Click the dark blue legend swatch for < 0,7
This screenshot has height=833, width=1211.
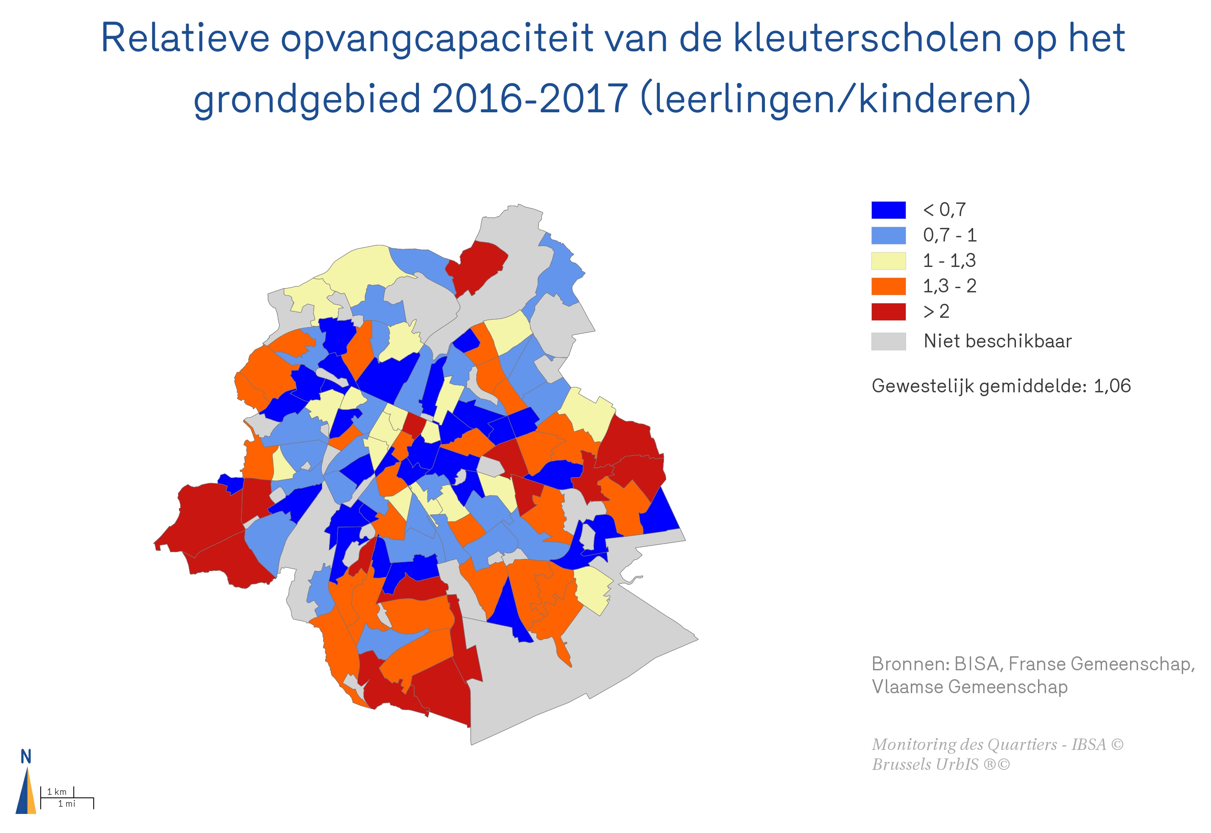(888, 210)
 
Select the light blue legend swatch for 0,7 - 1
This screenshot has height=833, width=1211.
(888, 236)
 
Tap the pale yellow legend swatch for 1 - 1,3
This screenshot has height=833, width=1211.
(888, 261)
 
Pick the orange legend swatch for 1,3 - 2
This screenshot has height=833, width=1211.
(888, 286)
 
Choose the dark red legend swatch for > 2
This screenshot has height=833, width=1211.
(888, 311)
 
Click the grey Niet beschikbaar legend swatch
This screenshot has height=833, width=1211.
(888, 342)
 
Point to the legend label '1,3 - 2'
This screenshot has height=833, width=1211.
(949, 286)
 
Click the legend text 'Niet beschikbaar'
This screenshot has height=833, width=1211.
(997, 342)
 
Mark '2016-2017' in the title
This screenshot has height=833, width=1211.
(530, 99)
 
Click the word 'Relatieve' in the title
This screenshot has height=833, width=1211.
(185, 39)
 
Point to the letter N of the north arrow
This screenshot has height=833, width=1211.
(25, 757)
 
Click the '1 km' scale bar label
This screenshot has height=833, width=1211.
(57, 792)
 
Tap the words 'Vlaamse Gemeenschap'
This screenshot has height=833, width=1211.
(969, 687)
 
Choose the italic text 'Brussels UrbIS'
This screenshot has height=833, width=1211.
(925, 765)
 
